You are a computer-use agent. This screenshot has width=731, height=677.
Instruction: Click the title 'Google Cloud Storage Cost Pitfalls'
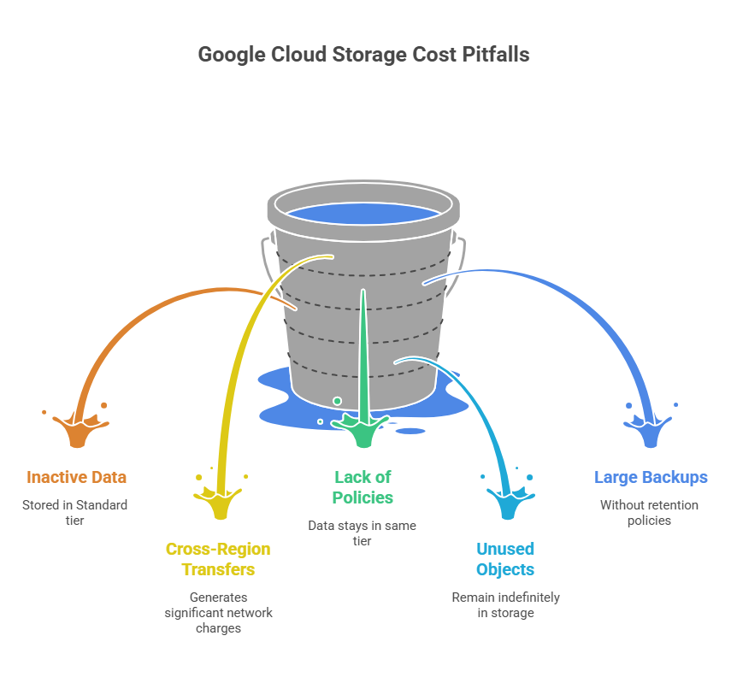point(363,55)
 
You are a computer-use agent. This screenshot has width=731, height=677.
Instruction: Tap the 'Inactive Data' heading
point(76,477)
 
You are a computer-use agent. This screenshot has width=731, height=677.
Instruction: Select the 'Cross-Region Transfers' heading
point(218,559)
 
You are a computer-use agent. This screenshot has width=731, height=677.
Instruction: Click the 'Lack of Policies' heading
point(363,487)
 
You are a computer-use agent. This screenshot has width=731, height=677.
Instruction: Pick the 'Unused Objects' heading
point(505,559)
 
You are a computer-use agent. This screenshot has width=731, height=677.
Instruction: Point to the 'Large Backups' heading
point(651,477)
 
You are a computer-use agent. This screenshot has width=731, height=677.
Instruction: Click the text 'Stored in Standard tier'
point(74,512)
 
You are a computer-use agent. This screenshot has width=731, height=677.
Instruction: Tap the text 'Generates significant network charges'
point(218,612)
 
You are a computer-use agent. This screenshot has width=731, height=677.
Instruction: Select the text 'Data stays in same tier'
point(362,533)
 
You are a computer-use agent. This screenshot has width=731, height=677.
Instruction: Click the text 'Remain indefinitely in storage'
point(506,604)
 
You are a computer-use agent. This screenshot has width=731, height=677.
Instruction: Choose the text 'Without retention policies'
point(649,512)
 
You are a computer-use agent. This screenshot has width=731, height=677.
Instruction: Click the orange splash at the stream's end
point(78,429)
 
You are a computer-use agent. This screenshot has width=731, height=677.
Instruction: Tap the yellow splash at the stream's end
point(220,501)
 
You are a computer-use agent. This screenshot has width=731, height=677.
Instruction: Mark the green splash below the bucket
point(363,430)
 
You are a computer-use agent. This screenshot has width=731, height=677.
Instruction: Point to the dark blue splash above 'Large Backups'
point(650,430)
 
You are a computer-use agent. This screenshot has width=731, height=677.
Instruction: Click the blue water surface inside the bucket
point(363,214)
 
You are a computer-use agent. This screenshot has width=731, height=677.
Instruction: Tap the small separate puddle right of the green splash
point(410,431)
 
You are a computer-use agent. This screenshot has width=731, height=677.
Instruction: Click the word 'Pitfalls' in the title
point(496,55)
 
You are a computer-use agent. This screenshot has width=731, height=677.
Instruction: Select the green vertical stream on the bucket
point(363,355)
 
